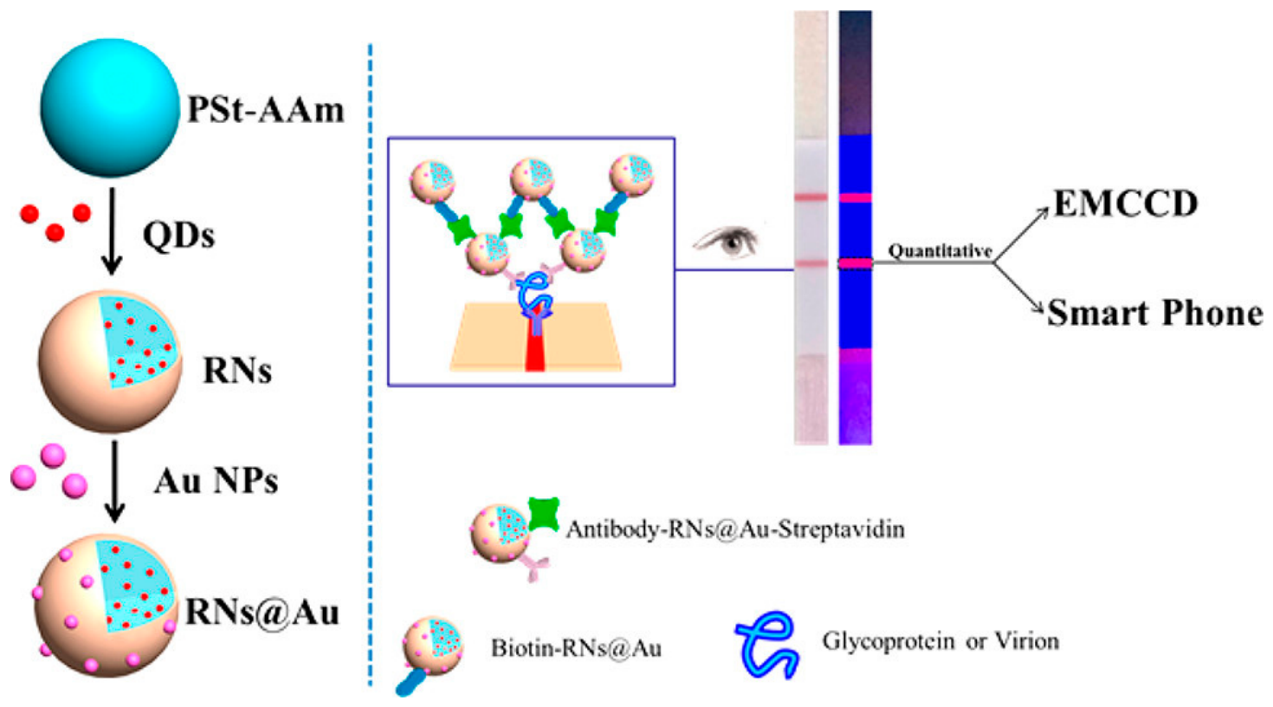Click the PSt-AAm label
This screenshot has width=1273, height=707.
(x=265, y=109)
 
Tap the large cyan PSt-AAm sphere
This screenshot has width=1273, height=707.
(x=110, y=107)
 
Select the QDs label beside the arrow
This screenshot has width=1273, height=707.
(x=178, y=235)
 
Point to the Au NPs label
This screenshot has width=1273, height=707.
(x=216, y=481)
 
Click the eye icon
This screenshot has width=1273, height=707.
(x=726, y=241)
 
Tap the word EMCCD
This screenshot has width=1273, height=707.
(x=1126, y=203)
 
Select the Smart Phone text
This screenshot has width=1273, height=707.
(x=1155, y=313)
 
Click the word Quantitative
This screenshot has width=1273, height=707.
(x=940, y=251)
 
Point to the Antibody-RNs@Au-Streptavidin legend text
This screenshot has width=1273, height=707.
(x=735, y=529)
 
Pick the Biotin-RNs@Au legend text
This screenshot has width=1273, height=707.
(x=576, y=648)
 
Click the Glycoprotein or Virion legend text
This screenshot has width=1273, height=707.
(x=940, y=641)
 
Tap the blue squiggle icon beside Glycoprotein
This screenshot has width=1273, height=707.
(x=767, y=645)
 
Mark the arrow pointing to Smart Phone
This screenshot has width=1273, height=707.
(x=1019, y=288)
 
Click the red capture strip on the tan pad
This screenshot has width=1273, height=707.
(x=535, y=341)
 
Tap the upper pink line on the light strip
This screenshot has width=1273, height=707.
(x=811, y=198)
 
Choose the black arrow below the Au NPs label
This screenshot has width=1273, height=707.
(x=115, y=481)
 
